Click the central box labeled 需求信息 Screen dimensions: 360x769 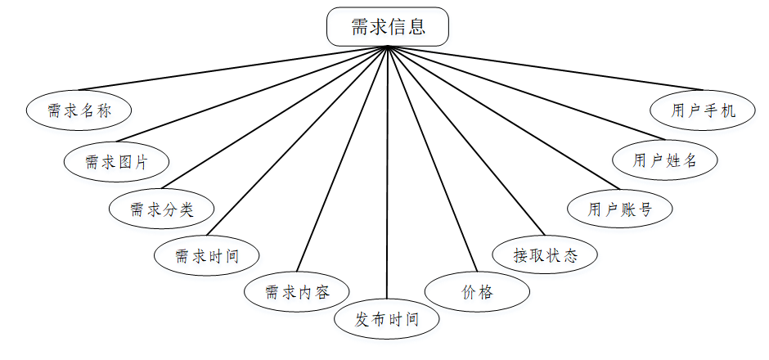tap(388, 27)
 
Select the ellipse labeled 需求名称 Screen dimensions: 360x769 tap(79, 110)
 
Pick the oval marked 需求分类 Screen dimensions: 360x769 tap(161, 209)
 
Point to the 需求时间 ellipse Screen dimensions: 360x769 tap(206, 256)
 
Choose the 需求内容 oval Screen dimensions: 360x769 tap(297, 292)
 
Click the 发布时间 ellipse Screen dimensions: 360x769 tap(387, 319)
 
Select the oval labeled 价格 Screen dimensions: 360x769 tap(477, 291)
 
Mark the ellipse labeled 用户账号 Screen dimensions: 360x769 tap(619, 209)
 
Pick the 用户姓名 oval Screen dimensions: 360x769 tap(665, 160)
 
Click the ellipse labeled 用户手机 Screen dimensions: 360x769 tap(703, 110)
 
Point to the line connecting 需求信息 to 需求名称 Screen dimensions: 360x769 tap(232, 68)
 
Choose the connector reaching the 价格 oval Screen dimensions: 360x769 tap(430, 160)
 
